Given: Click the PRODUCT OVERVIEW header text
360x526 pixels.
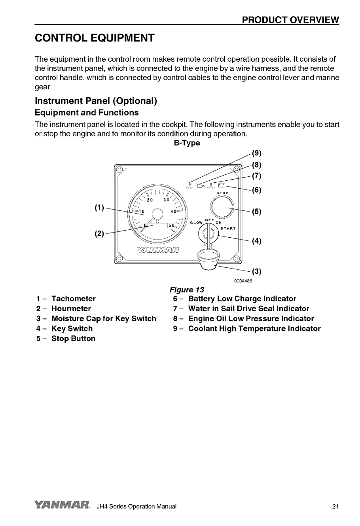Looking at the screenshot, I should (291, 19).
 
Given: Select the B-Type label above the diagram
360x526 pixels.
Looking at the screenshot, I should (187, 143).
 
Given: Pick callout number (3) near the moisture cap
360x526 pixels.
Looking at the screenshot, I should (257, 271).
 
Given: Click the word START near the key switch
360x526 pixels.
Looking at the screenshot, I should (228, 228).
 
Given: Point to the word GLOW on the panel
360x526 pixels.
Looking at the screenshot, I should (197, 222).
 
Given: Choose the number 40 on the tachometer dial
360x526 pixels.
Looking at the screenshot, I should (173, 211).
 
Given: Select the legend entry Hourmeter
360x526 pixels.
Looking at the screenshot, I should (71, 308).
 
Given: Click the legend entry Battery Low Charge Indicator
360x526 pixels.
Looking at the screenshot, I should (242, 299).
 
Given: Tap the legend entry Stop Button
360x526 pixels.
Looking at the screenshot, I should (74, 339).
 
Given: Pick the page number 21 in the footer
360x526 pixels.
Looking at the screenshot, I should (335, 507).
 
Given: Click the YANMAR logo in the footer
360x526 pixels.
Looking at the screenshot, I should (63, 505).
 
